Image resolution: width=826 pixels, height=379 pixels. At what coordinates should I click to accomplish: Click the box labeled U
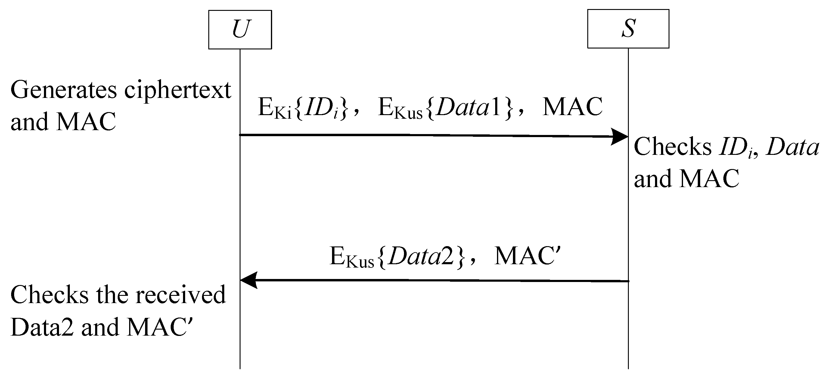[x=240, y=30]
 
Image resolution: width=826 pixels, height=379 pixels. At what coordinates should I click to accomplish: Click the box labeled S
[x=628, y=29]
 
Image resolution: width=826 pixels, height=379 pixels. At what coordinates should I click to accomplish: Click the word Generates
[x=64, y=90]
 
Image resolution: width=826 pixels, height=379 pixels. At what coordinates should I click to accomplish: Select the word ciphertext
[x=178, y=90]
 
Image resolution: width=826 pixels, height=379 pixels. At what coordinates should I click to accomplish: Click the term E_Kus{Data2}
[x=397, y=256]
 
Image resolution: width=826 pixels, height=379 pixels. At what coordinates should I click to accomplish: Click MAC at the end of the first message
[x=572, y=107]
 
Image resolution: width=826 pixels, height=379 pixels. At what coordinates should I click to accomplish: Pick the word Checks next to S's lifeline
[x=673, y=147]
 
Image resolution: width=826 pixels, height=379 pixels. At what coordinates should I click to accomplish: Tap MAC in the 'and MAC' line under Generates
[x=85, y=122]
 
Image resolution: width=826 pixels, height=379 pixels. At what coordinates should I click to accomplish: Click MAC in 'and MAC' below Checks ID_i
[x=709, y=179]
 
